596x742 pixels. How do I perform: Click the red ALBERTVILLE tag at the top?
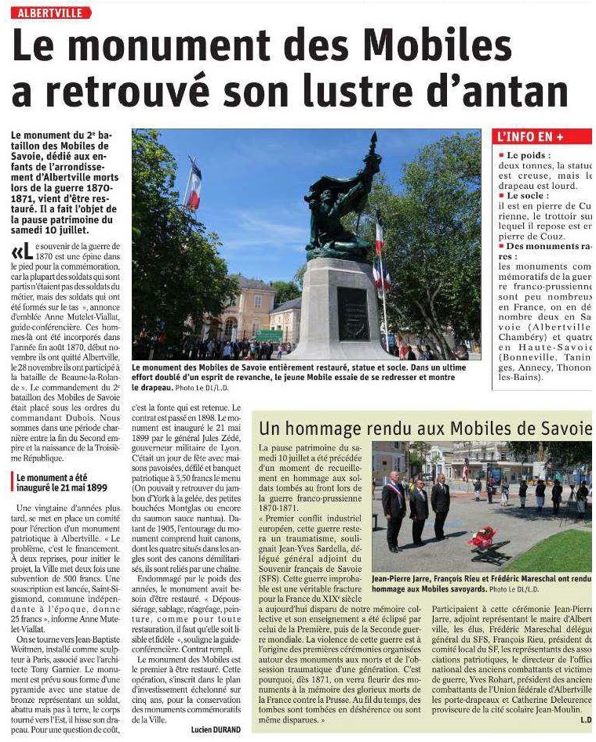(52, 13)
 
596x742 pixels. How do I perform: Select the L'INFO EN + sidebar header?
(532, 136)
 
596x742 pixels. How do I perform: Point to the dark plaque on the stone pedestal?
(353, 313)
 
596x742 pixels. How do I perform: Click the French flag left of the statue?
(193, 185)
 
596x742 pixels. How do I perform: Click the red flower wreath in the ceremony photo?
(482, 537)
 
